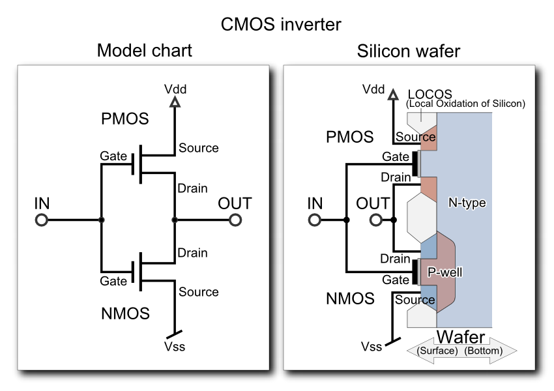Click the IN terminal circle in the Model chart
[x=42, y=220]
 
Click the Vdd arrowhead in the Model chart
[x=174, y=102]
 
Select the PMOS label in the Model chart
[x=125, y=120]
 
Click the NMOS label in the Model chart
[x=125, y=313]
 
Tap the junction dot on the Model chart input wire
[x=101, y=220]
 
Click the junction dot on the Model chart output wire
[x=174, y=220]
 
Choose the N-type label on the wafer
[x=467, y=203]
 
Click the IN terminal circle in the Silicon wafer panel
[x=315, y=220]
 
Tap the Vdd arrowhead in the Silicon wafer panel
[x=393, y=96]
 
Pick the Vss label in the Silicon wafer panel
[x=373, y=347]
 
